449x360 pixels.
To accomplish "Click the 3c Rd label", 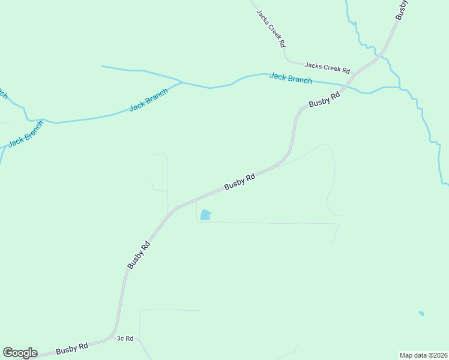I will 124,339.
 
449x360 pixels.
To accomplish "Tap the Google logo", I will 20,353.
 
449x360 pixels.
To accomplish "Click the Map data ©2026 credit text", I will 423,355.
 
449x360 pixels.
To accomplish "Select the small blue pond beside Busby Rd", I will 205,215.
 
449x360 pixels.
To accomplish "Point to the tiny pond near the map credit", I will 421,313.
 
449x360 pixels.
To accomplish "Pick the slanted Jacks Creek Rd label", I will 271,29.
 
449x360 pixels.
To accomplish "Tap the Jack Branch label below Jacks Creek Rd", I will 291,78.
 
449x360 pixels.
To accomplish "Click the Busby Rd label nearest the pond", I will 240,182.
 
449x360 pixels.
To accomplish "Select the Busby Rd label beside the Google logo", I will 72,349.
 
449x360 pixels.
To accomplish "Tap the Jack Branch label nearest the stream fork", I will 148,100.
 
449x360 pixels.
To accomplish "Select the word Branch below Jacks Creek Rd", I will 300,79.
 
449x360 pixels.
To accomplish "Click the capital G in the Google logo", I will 8,352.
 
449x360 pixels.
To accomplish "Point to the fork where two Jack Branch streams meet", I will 182,83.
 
